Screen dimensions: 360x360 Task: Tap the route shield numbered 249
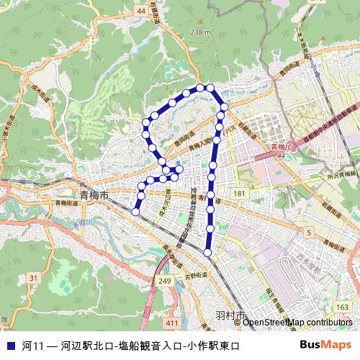(166, 281)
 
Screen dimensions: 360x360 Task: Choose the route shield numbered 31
(33, 277)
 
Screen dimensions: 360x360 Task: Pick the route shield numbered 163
(341, 307)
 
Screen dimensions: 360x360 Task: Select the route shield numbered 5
(309, 233)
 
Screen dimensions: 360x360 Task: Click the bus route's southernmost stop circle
(208, 252)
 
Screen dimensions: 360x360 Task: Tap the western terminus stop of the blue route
(135, 211)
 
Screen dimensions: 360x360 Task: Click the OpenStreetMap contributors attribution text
(297, 323)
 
